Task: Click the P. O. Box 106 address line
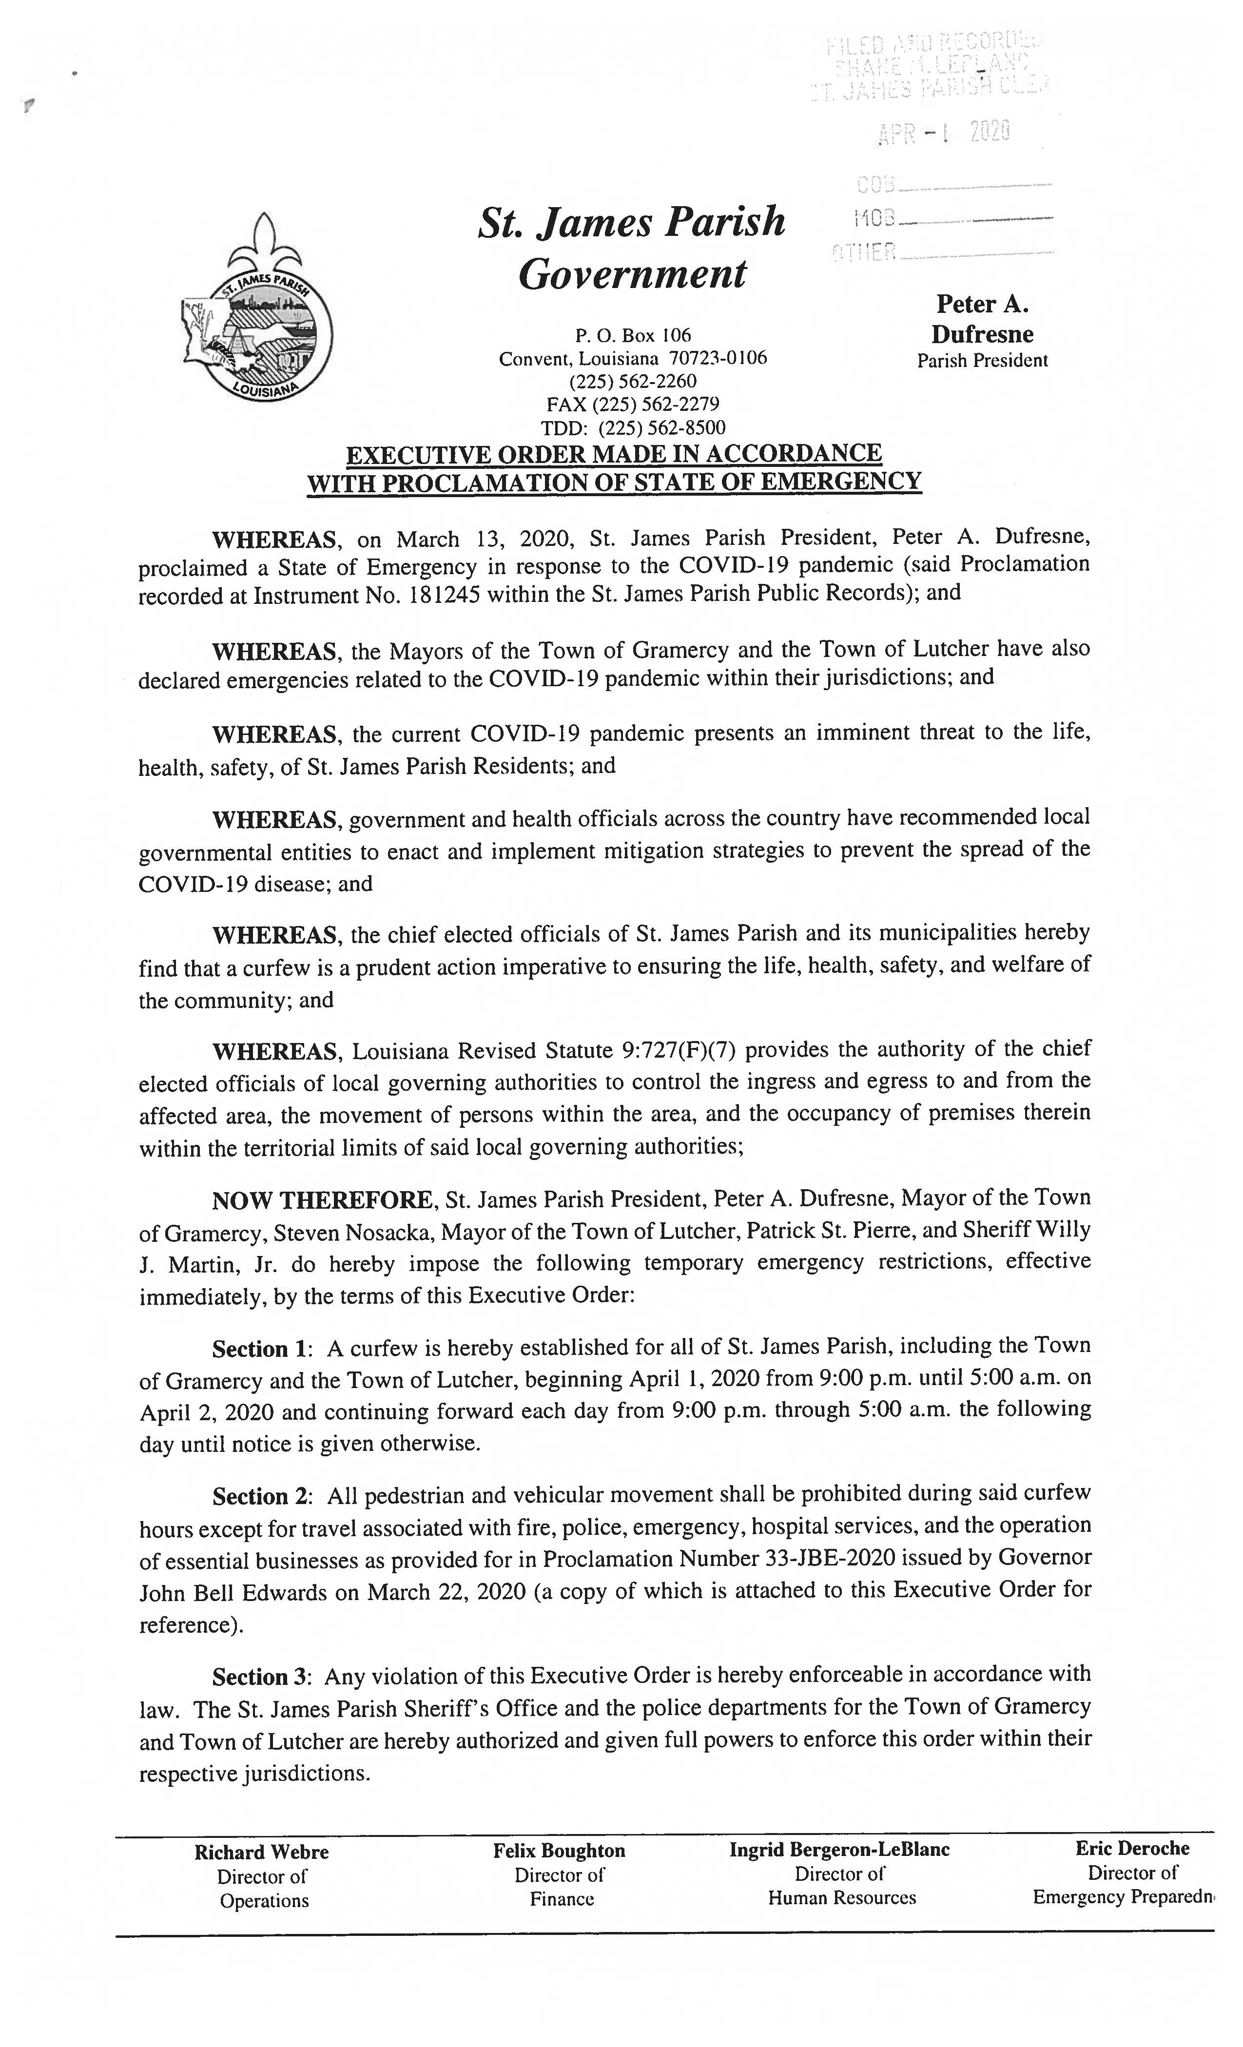(632, 336)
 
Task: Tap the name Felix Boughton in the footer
(558, 1851)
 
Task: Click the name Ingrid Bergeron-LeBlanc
(839, 1850)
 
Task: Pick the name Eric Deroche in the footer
(1132, 1849)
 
